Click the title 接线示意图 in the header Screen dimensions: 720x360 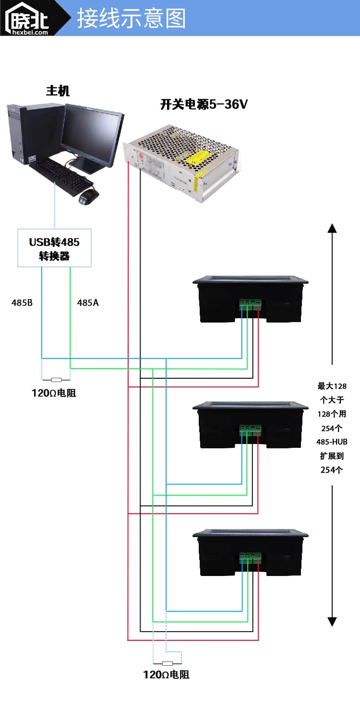pos(131,19)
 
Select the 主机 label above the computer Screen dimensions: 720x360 pos(58,90)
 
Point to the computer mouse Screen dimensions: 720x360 pos(88,196)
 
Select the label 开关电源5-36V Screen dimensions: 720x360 pos(204,105)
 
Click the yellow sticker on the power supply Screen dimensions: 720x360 pos(198,156)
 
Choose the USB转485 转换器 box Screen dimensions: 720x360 pos(54,249)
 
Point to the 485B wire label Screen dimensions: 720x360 pos(22,303)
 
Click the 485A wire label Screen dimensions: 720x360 pos(88,303)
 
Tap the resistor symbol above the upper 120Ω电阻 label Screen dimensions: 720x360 pos(56,379)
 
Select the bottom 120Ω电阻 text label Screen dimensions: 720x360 pos(166,674)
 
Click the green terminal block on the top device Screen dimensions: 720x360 pos(250,303)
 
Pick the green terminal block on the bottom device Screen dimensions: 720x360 pos(250,557)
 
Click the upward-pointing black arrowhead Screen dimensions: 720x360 pos(332,228)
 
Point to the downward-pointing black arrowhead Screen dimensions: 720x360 pos(332,622)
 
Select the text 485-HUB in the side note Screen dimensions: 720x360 pos(332,442)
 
